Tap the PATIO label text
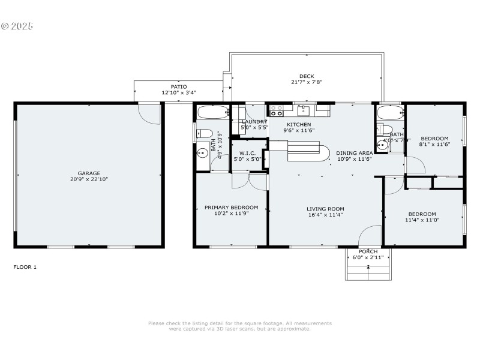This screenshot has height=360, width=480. point(179,87)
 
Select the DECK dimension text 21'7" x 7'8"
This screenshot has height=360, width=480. point(307,83)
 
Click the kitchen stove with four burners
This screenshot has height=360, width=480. point(277,110)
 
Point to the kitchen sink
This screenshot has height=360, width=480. point(304,110)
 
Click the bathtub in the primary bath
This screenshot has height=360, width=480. point(213,111)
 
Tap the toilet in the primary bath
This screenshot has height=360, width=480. point(203,133)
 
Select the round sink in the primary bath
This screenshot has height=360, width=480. point(203,154)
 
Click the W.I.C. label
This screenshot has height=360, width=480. point(247,152)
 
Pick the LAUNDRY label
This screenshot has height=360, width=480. point(254,122)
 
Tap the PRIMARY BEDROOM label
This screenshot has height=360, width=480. point(231,208)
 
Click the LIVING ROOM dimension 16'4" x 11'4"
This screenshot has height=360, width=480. point(325,215)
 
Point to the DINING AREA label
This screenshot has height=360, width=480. point(354,153)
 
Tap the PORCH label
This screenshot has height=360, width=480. point(368,251)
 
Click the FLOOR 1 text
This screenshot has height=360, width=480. point(25,267)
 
